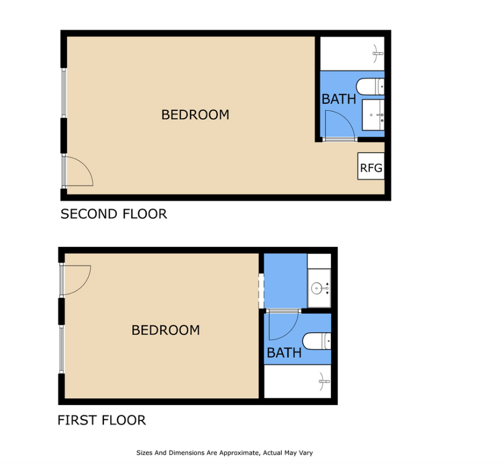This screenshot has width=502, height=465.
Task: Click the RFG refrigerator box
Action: pyautogui.click(x=371, y=166)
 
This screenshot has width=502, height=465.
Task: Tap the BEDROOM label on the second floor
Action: pyautogui.click(x=195, y=115)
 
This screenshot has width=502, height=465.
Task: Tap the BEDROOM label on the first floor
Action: pyautogui.click(x=165, y=330)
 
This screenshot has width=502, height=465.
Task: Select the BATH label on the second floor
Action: pyautogui.click(x=339, y=99)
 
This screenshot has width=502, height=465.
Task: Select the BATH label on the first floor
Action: pyautogui.click(x=284, y=353)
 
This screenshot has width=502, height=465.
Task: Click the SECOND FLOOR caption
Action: pyautogui.click(x=114, y=214)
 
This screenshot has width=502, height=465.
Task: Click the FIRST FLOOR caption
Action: pyautogui.click(x=102, y=420)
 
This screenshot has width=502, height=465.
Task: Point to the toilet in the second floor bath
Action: pyautogui.click(x=370, y=86)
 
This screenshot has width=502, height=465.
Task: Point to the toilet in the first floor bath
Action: pyautogui.click(x=317, y=341)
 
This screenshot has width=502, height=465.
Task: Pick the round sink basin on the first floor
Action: pyautogui.click(x=317, y=288)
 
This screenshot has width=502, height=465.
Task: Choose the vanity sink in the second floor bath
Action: pyautogui.click(x=373, y=115)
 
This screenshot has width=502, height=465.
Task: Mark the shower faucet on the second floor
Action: pyautogui.click(x=378, y=54)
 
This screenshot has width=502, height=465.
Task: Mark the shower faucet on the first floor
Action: pyautogui.click(x=324, y=381)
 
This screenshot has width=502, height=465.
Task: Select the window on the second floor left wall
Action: pyautogui.click(x=64, y=93)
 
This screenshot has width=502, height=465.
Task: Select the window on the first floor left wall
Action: pyautogui.click(x=62, y=350)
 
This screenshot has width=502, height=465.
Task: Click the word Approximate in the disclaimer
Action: pyautogui.click(x=242, y=453)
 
